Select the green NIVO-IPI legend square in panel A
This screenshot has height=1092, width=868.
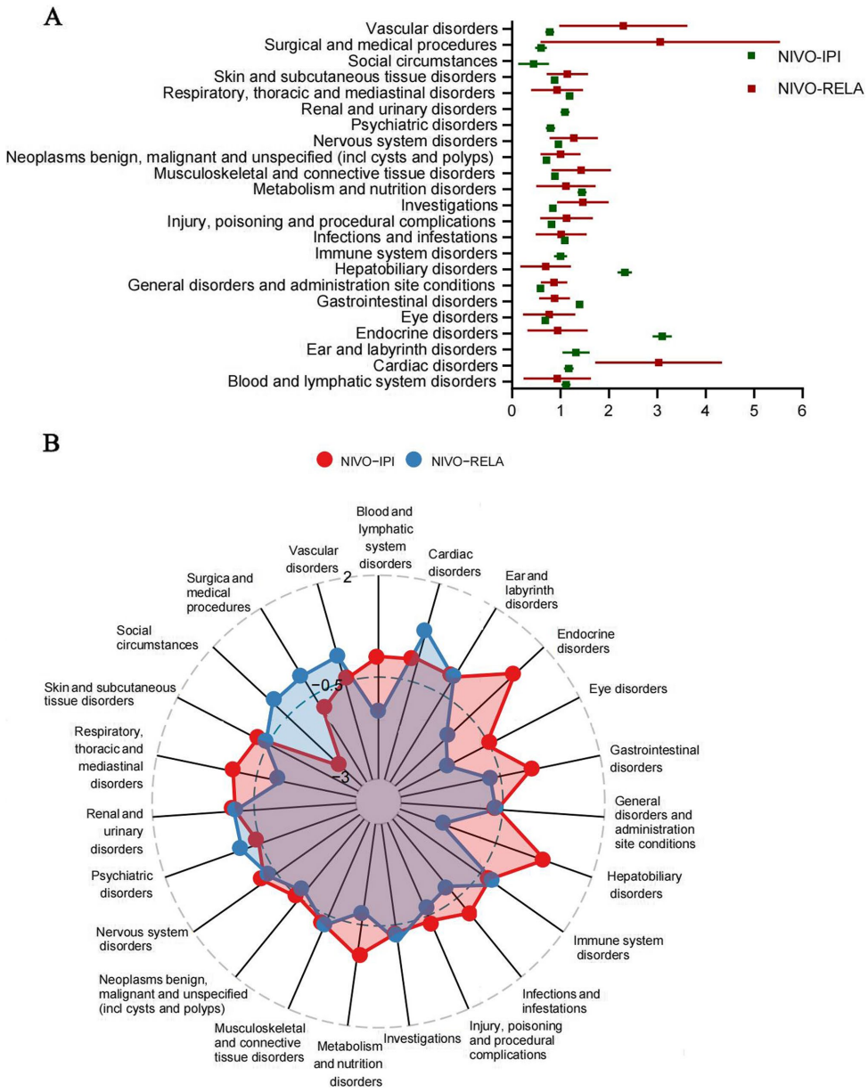751,56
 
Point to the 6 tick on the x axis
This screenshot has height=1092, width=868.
802,412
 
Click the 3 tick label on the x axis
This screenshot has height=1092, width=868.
657,412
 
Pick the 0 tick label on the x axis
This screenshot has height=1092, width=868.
512,412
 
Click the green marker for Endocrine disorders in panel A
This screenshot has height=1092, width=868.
661,336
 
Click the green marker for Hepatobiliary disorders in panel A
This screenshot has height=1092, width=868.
625,273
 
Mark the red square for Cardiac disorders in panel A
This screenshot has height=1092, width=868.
659,363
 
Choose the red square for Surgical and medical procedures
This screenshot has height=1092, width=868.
659,42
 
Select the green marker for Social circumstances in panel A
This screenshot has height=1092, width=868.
533,64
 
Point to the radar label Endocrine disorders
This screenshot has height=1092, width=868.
585,641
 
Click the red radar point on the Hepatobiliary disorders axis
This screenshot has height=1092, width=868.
543,860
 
